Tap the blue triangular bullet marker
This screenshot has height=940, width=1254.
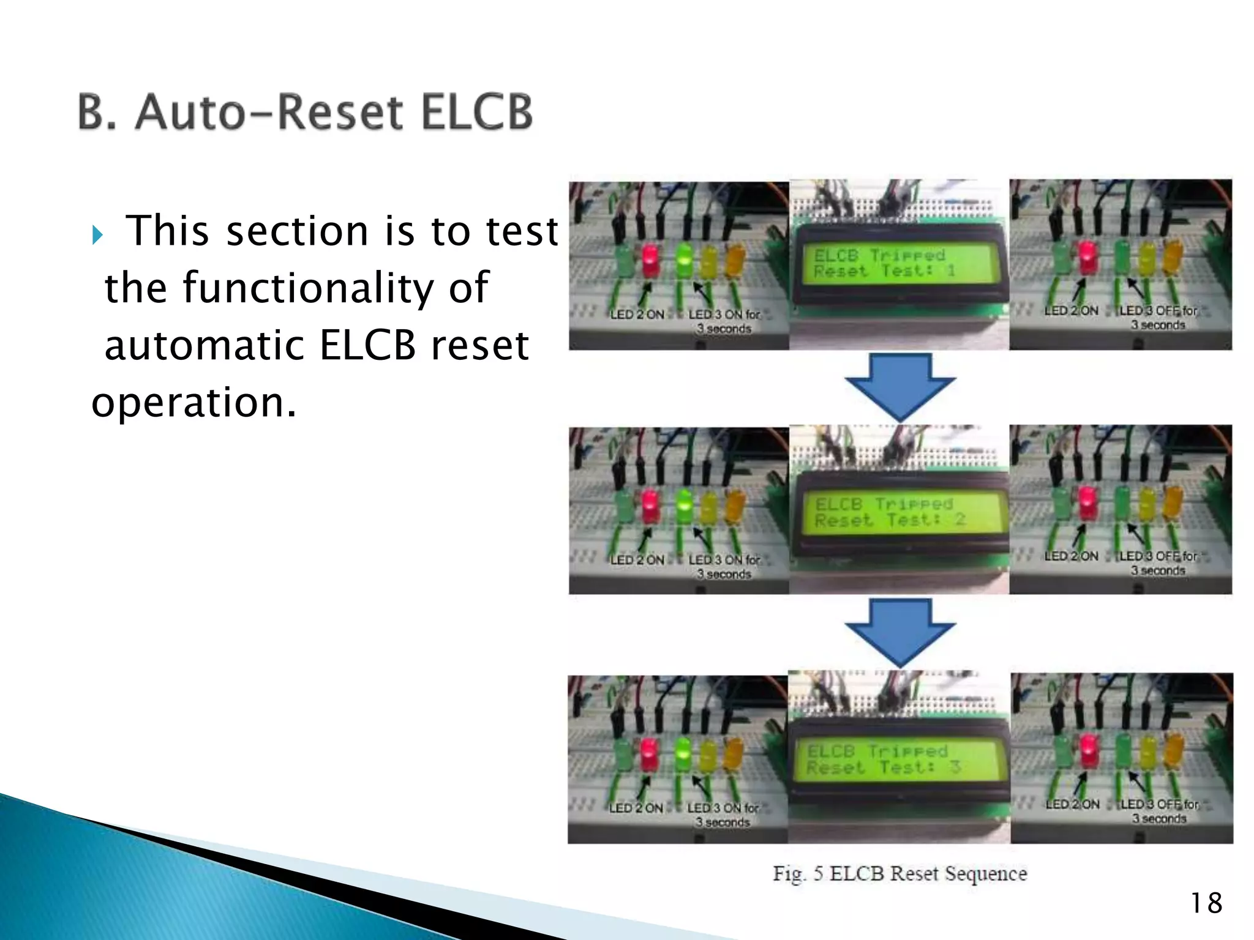[97, 234]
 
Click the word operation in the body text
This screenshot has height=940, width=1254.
[193, 402]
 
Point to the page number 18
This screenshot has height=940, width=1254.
[1206, 903]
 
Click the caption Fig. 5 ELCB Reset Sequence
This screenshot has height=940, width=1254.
[899, 873]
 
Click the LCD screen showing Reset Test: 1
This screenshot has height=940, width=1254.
[897, 264]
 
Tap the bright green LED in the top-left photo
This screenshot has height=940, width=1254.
[685, 260]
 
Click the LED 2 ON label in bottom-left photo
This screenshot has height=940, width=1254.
[636, 808]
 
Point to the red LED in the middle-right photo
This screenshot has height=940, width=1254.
[1087, 502]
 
